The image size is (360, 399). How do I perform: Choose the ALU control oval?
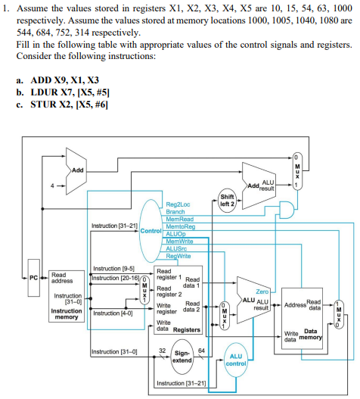tap(235, 359)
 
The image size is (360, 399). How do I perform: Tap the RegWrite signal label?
tap(178, 257)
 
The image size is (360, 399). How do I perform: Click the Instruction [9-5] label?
tap(108, 270)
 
